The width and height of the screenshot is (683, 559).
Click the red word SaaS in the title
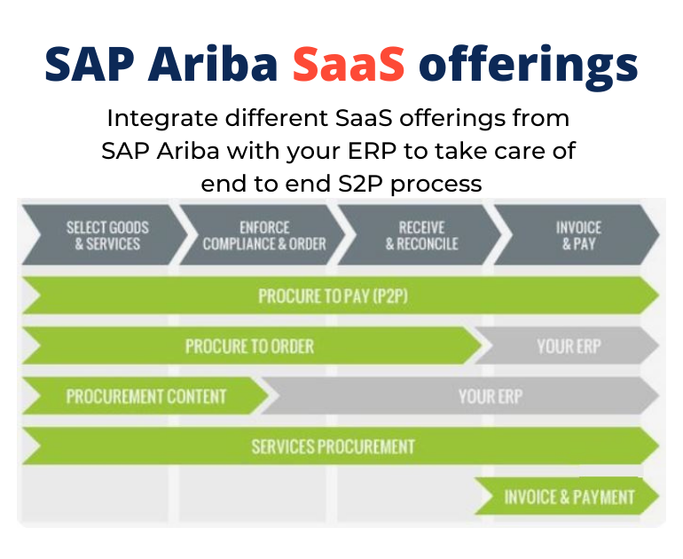tap(349, 64)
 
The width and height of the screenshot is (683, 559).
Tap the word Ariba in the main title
tap(213, 64)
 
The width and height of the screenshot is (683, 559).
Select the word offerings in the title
tap(528, 67)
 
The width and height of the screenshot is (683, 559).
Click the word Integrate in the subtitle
tap(162, 119)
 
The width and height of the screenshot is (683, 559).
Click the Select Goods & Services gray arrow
tap(105, 235)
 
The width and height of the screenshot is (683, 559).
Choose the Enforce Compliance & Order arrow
tap(263, 235)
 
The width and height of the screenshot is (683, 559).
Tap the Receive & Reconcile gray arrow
tap(420, 235)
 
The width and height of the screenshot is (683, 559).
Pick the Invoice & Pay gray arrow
tap(577, 235)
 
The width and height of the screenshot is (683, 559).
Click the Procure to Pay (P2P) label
tap(334, 296)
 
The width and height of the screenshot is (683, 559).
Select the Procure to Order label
tap(249, 346)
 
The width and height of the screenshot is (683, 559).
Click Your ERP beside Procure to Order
tap(569, 346)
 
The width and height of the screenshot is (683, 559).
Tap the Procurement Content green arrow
tap(146, 396)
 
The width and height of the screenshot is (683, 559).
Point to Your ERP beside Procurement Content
tap(491, 397)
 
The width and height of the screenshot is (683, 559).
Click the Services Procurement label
tap(334, 446)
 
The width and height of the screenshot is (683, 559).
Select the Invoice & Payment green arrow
tap(567, 497)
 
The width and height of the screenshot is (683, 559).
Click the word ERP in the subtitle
tap(372, 151)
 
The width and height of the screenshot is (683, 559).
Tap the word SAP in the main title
tap(90, 64)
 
